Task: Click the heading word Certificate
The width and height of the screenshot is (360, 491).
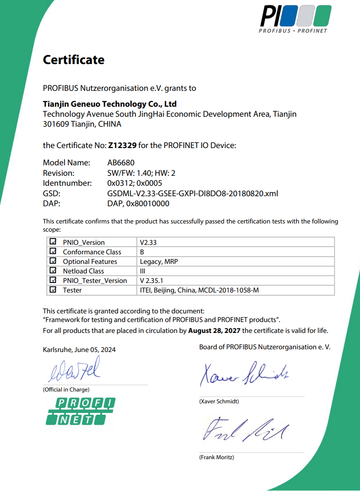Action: pos(74,60)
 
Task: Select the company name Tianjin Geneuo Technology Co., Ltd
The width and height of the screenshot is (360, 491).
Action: pos(110,104)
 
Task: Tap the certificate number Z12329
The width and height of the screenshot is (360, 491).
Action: pos(122,145)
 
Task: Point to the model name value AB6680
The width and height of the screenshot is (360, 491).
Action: pos(120,163)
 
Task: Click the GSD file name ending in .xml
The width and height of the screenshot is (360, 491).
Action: pos(192,193)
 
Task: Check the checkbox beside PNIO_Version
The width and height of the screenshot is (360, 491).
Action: pos(53,242)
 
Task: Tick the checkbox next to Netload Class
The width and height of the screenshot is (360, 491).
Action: pos(53,271)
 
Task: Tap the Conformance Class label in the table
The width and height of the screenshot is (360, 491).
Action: pos(92,252)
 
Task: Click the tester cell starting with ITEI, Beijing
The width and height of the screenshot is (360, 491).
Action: pos(199,290)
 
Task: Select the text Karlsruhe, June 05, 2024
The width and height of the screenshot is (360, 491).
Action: pos(79,350)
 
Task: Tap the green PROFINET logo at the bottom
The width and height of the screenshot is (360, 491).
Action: pos(80,411)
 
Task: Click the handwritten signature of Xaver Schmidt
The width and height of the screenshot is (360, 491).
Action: pos(245,374)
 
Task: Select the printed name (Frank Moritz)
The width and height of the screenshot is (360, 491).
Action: pos(216,457)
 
